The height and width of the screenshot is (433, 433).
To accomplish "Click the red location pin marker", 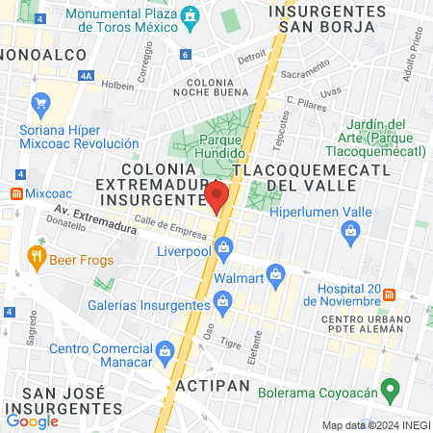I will tap(216, 196).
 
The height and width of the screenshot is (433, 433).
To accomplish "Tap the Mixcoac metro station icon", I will tap(16, 193).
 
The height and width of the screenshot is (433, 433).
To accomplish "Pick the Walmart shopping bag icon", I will tap(276, 274).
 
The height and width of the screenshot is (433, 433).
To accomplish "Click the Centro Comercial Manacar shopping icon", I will tap(165, 348).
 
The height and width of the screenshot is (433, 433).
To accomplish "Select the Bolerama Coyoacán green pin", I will tap(390, 390).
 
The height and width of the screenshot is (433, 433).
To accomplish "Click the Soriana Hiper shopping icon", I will tap(40, 103).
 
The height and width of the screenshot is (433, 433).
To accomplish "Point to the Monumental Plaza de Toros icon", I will tap(191, 16).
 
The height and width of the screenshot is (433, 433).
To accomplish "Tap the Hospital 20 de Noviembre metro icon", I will tap(390, 293).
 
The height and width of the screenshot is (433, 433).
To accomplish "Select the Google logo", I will tap(32, 420).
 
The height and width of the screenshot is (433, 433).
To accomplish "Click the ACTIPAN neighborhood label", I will tap(213, 385).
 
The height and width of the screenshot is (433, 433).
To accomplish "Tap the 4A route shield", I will tap(88, 74).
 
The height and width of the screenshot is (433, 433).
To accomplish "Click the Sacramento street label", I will tap(306, 73).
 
